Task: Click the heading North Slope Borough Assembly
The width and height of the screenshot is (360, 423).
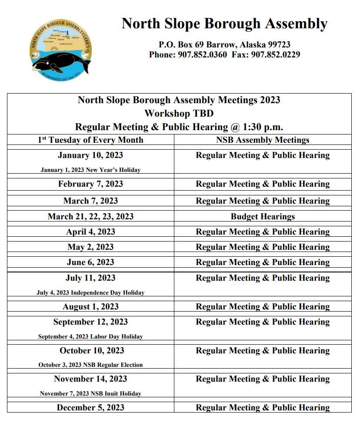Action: (x=224, y=23)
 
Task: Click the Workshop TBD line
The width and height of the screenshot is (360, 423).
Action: (x=179, y=113)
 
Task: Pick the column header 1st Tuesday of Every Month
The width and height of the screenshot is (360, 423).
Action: (x=90, y=140)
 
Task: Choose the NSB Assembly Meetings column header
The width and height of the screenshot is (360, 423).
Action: (x=263, y=140)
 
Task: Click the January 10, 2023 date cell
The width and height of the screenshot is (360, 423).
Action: (x=90, y=155)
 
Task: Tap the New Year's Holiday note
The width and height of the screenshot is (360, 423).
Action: (x=90, y=170)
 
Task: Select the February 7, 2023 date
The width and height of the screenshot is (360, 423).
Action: (x=90, y=184)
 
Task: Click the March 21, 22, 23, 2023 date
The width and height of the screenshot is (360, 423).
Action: (x=90, y=216)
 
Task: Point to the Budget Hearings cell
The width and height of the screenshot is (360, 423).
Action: (x=263, y=216)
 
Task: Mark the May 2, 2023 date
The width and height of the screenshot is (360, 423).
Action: (x=90, y=247)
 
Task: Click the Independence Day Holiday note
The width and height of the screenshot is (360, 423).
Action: (x=90, y=292)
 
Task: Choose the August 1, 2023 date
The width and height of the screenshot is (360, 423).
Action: (x=90, y=307)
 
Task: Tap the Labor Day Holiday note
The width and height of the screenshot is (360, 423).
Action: (x=90, y=336)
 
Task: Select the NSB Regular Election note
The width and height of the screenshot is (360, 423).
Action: (x=90, y=365)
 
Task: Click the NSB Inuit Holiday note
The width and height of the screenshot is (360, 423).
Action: (x=90, y=393)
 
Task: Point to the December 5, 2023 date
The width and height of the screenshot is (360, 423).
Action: (x=90, y=408)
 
